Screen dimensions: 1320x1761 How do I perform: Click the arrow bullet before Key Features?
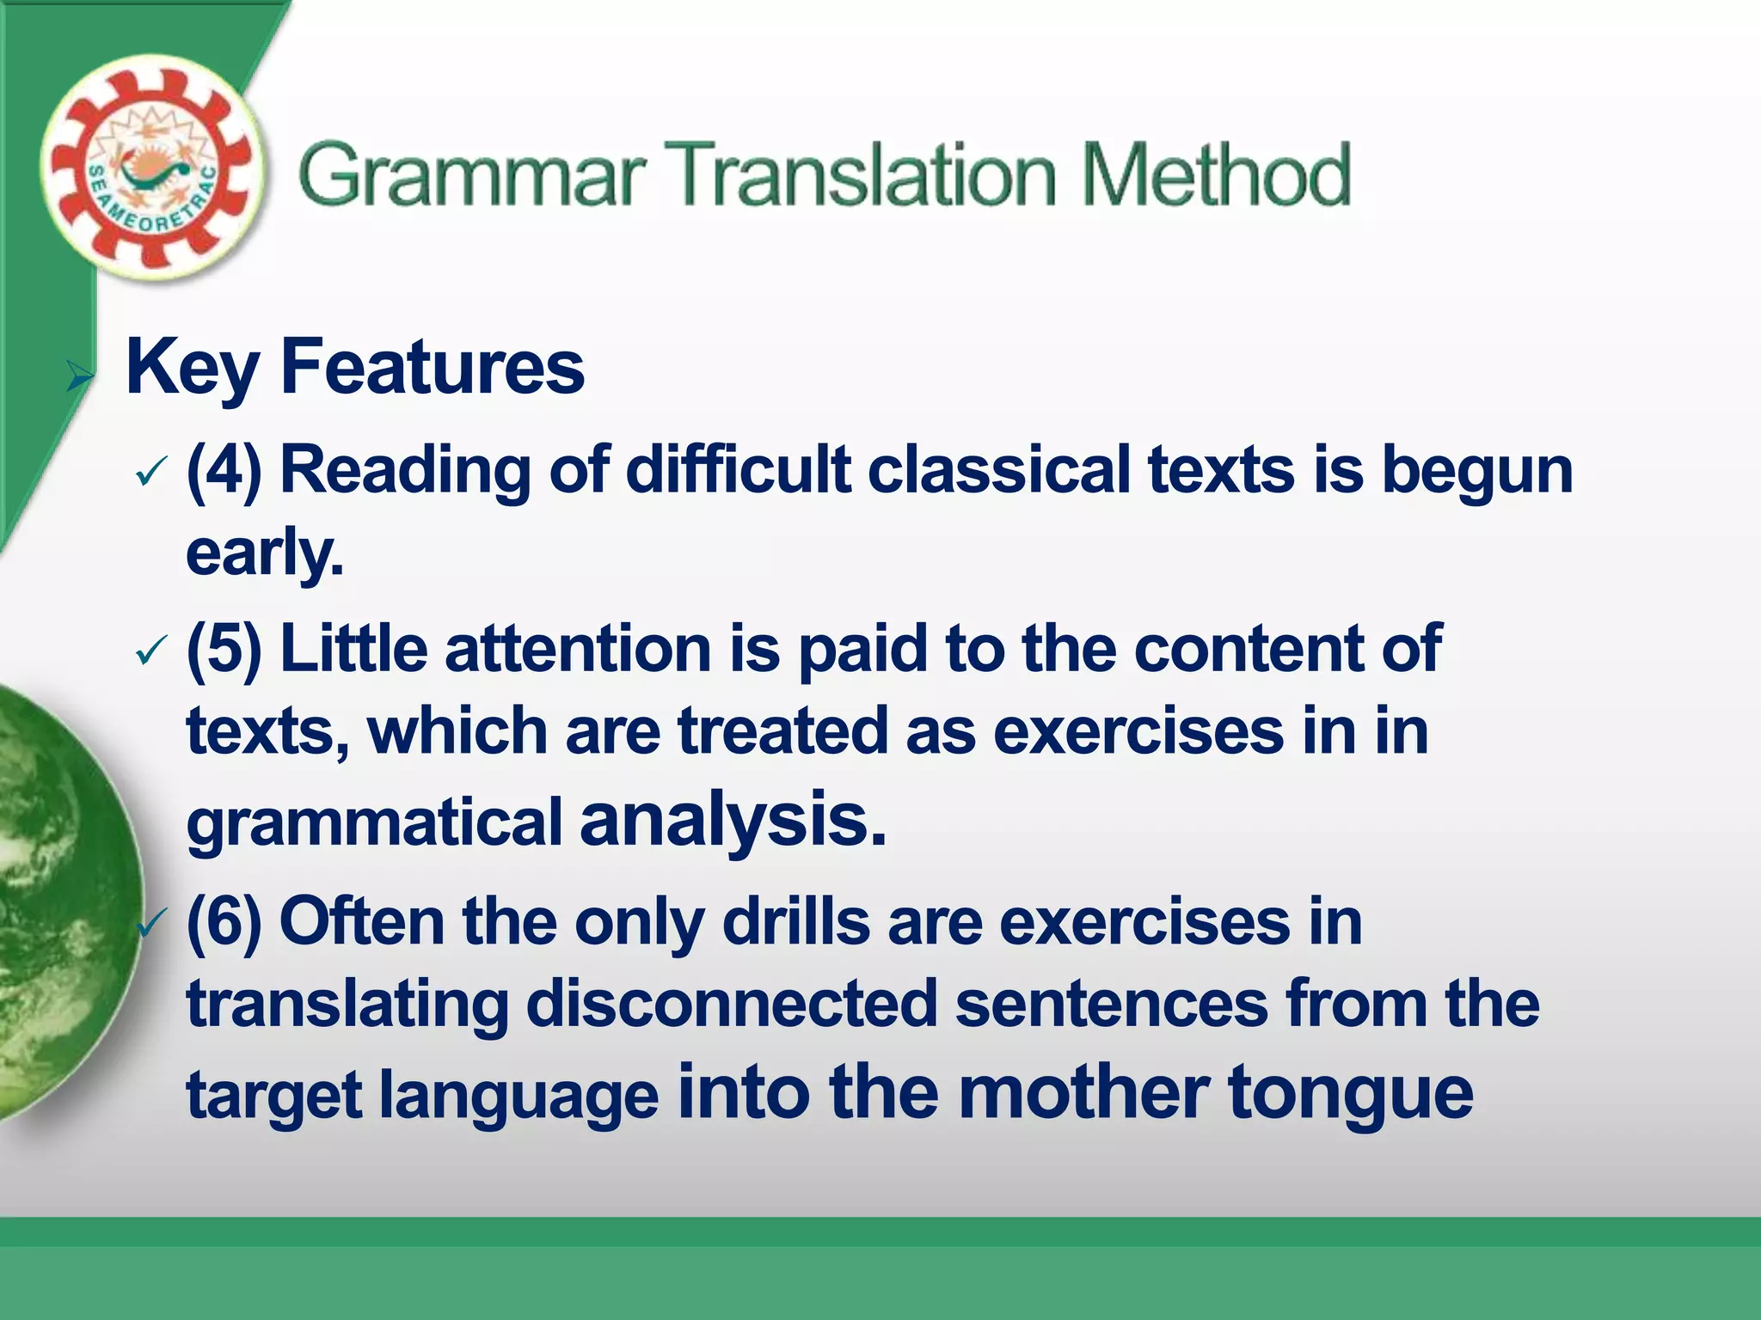79,376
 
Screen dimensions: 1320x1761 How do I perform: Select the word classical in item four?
998,470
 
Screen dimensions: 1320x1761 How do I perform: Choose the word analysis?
732,821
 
